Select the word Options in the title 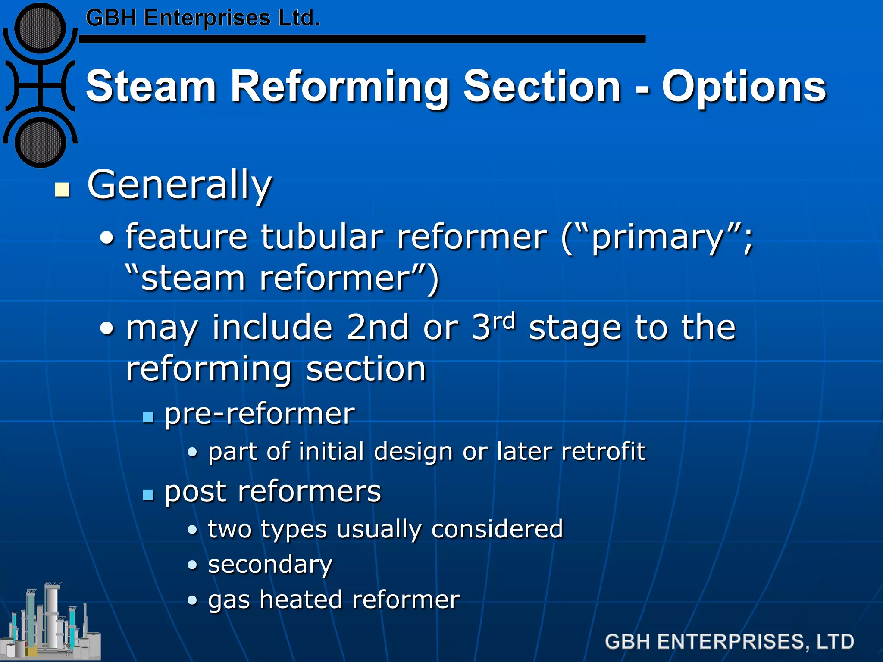[744, 87]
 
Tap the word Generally [179, 185]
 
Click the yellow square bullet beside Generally [63, 189]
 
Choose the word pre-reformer [260, 414]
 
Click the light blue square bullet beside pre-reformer [148, 417]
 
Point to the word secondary [270, 565]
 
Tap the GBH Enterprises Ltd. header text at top [203, 19]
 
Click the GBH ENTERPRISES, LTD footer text [729, 642]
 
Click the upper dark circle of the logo [40, 28]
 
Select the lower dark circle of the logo [40, 142]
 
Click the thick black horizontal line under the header [362, 39]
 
